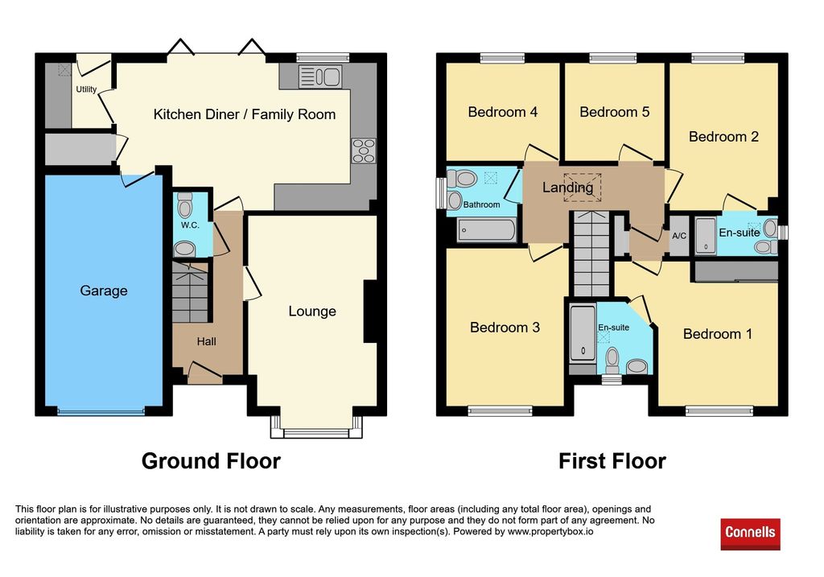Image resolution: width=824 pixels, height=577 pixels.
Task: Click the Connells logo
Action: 750,534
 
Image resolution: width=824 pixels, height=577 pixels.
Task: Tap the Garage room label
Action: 104,291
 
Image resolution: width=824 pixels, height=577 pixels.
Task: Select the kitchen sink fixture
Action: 320,76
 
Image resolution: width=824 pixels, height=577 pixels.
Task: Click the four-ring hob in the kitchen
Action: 364,150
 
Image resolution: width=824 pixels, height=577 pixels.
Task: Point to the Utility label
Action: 86,89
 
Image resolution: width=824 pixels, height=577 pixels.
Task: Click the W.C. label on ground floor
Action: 190,225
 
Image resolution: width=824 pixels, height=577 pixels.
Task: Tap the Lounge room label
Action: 312,311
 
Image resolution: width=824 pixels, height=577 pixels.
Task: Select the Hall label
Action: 207,341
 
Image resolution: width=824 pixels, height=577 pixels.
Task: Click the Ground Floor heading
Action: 212,461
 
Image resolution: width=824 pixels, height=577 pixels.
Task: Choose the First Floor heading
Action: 612,461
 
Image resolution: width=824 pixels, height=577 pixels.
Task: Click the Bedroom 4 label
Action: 503,112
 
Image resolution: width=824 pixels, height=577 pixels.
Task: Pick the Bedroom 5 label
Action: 615,112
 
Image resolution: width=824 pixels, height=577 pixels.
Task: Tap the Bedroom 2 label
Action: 723,137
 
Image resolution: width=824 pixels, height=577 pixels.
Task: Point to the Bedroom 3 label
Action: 505,328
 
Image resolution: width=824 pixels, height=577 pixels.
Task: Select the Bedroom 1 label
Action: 718,334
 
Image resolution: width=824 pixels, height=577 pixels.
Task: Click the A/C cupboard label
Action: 679,236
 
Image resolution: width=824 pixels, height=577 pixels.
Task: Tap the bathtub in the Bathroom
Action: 487,230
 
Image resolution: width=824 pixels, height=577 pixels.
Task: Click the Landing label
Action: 567,187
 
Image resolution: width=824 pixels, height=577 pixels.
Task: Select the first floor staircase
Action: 591,253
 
